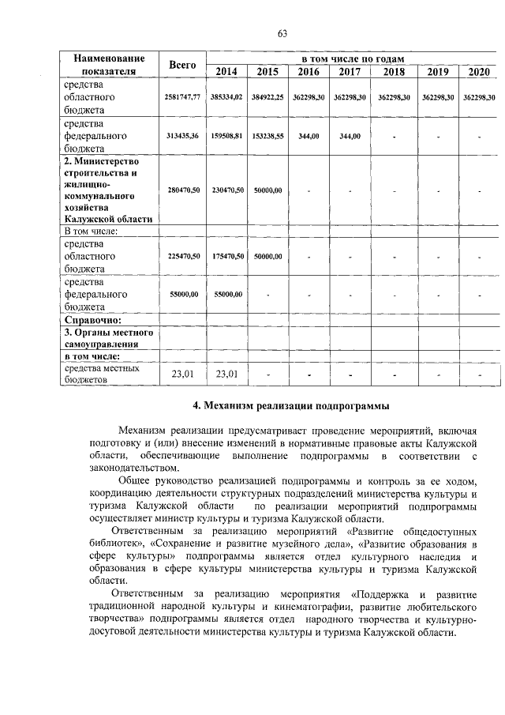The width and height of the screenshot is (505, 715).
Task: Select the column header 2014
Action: pyautogui.click(x=226, y=72)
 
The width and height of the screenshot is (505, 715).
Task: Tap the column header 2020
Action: pyautogui.click(x=479, y=72)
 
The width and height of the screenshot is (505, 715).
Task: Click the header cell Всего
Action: pyautogui.click(x=182, y=65)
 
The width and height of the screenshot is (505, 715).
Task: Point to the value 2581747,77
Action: pyautogui.click(x=182, y=96)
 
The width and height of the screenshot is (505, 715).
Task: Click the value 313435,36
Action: pyautogui.click(x=182, y=136)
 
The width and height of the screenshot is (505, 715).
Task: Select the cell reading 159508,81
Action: pyautogui.click(x=226, y=136)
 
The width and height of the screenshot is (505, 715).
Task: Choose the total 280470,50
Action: pyautogui.click(x=182, y=190)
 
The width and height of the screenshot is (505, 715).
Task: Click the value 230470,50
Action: pyautogui.click(x=226, y=190)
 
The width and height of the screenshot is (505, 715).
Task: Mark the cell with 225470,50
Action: pyautogui.click(x=182, y=256)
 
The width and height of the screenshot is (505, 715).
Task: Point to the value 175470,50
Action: pyautogui.click(x=226, y=256)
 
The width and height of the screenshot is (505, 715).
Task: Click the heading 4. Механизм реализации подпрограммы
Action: pyautogui.click(x=291, y=406)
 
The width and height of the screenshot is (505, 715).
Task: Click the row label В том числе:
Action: pyautogui.click(x=91, y=231)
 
